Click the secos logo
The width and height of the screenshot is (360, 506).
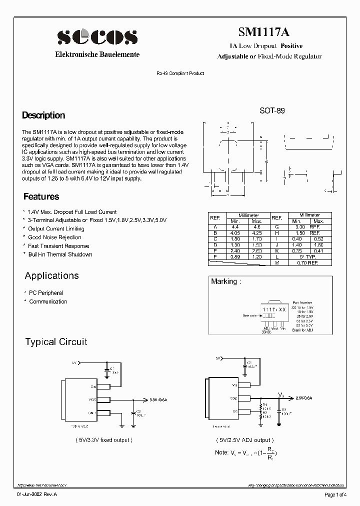pyautogui.click(x=97, y=36)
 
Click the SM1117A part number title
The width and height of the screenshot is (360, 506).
pyautogui.click(x=263, y=32)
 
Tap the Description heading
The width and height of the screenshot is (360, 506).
pyautogui.click(x=43, y=115)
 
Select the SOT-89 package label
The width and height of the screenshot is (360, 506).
pyautogui.click(x=272, y=111)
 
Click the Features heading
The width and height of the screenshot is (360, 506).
pyautogui.click(x=41, y=197)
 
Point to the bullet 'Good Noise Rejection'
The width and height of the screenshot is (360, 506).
pyautogui.click(x=54, y=237)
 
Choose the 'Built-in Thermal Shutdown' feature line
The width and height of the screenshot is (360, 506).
pyautogui.click(x=60, y=254)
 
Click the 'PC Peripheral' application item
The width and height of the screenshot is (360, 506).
pyautogui.click(x=46, y=293)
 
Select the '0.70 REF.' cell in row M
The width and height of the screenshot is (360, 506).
pyautogui.click(x=307, y=262)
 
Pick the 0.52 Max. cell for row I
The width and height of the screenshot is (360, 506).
pyautogui.click(x=318, y=239)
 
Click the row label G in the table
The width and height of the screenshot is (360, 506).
pyautogui.click(x=276, y=227)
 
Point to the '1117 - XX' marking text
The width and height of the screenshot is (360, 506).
pyautogui.click(x=275, y=310)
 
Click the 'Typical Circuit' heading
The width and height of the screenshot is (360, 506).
pyautogui.click(x=56, y=342)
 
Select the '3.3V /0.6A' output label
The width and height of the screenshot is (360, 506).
pyautogui.click(x=159, y=399)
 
